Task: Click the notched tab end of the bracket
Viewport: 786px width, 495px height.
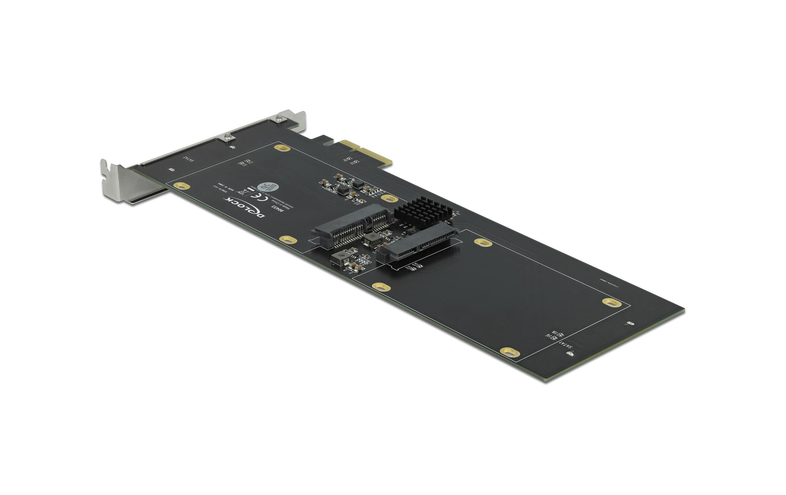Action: tap(108, 177)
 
